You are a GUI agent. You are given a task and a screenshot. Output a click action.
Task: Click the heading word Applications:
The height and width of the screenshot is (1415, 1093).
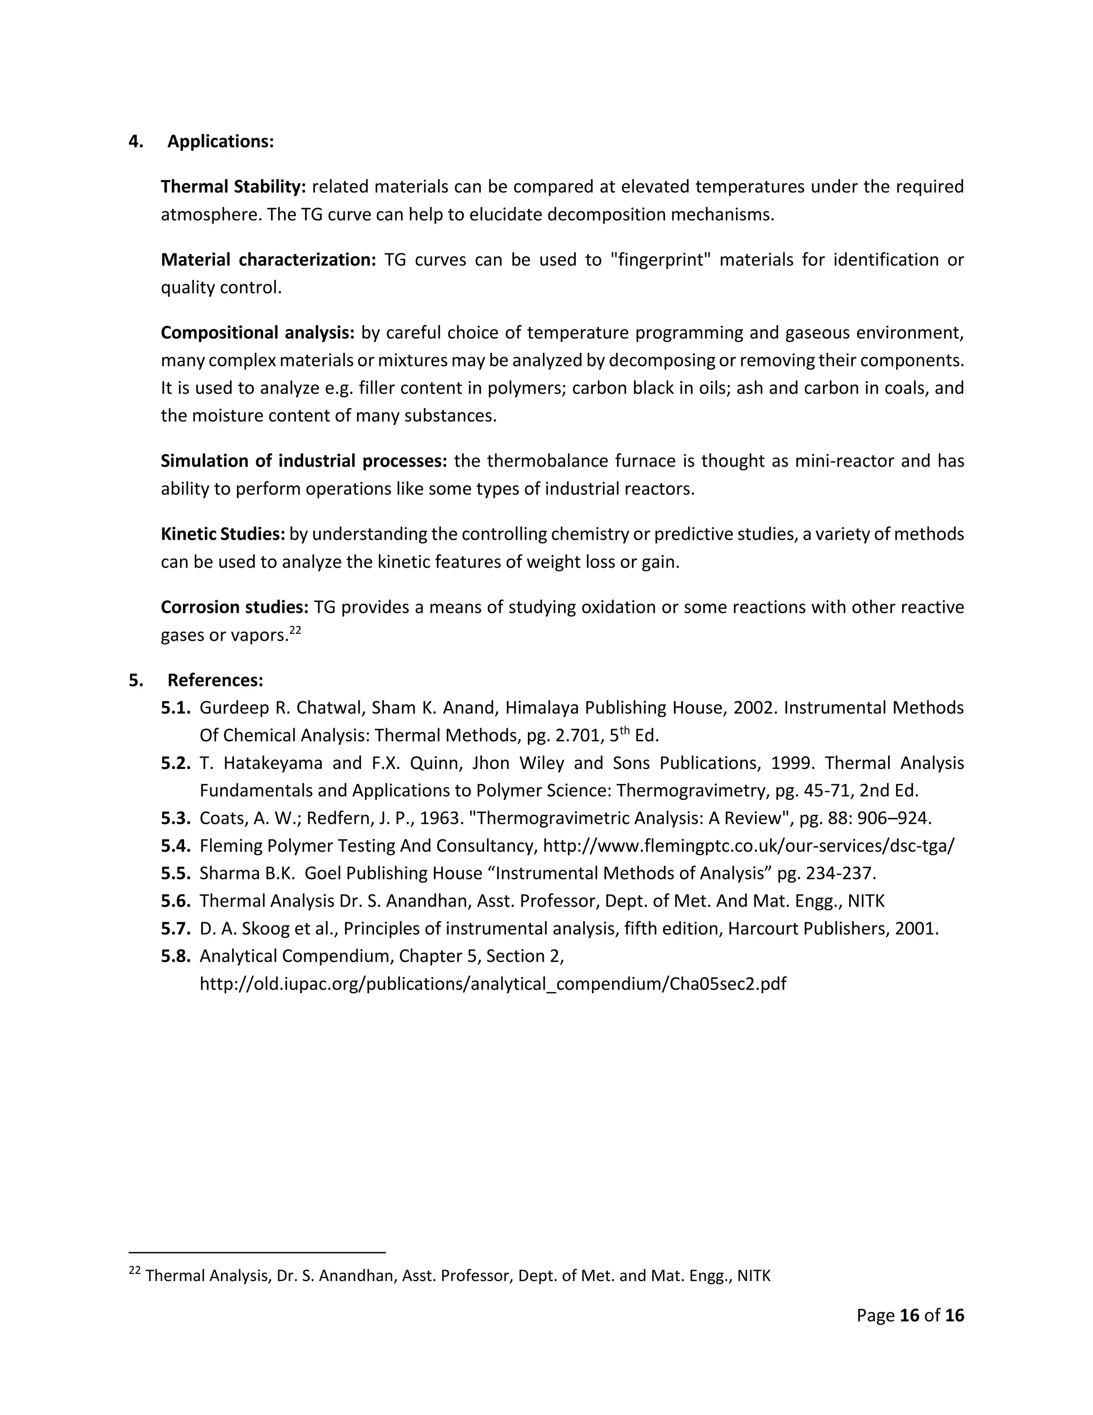[220, 141]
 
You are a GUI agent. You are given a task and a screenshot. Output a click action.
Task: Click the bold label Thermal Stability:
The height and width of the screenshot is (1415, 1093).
[233, 186]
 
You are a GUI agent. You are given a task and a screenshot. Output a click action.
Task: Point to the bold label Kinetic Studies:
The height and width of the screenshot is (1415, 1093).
[223, 534]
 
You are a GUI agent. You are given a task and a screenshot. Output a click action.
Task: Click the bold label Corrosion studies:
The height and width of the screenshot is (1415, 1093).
[234, 608]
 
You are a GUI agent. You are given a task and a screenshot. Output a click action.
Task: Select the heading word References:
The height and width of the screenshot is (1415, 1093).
[215, 680]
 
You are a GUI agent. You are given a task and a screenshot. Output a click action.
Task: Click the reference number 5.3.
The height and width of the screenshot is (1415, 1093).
[176, 818]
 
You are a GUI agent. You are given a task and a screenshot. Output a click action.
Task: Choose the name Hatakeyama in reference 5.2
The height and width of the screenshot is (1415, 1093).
[273, 763]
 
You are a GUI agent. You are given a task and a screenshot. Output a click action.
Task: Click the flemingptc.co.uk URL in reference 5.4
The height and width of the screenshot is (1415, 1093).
[748, 846]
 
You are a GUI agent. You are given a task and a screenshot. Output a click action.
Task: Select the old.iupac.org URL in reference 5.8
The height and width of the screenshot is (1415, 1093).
[492, 984]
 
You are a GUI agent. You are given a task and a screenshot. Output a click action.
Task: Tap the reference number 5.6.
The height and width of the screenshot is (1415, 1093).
[176, 901]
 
